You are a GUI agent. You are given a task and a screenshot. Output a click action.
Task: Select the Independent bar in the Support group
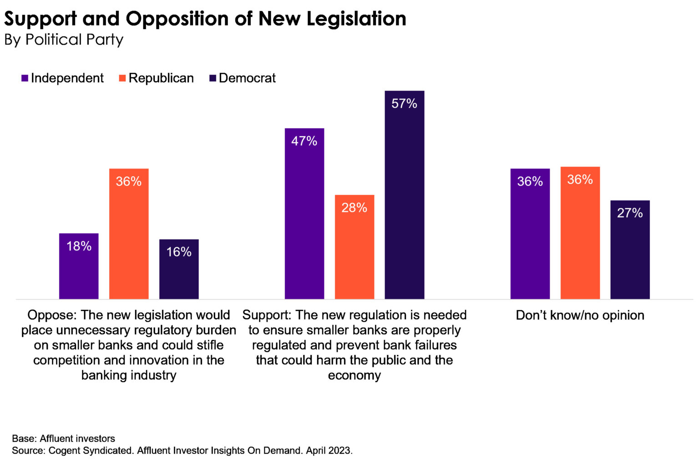tap(304, 214)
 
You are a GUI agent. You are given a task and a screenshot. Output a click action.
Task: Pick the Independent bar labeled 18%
tap(79, 266)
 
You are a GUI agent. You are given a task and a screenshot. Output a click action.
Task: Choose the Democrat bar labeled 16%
tap(179, 269)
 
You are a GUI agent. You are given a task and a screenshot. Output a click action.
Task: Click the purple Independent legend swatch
tap(25, 78)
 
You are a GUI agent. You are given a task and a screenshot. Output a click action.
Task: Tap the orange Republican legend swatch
tap(122, 78)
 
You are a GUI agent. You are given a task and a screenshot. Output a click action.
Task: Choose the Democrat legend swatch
tap(213, 78)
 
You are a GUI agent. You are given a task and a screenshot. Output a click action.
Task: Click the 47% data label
tap(304, 141)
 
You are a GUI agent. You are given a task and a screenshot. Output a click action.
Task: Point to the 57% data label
tap(404, 103)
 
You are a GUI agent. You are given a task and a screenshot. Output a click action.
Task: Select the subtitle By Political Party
tap(64, 40)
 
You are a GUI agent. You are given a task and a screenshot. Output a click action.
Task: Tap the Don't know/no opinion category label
tap(580, 315)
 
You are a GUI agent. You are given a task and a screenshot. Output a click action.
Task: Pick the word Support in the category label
tap(266, 315)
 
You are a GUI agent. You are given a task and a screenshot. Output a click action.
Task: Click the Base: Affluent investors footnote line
tap(63, 439)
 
